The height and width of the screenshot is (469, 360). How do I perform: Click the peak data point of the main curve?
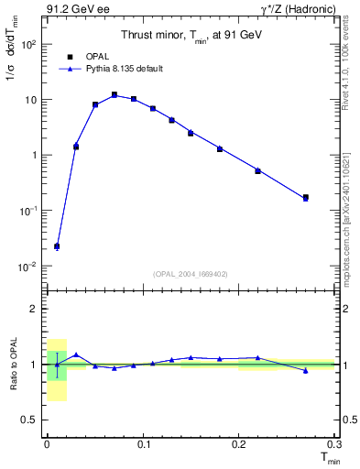(115, 94)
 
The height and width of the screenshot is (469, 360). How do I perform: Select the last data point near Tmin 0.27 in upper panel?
(306, 197)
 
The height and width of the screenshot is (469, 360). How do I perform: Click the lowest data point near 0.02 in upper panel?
(57, 246)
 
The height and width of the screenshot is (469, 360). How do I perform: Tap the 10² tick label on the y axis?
(27, 44)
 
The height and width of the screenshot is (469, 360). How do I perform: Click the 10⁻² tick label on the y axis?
(27, 267)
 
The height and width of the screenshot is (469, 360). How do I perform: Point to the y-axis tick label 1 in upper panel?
(34, 155)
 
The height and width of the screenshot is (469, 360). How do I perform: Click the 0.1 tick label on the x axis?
(143, 442)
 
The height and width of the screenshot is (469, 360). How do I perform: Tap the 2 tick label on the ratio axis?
(34, 309)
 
